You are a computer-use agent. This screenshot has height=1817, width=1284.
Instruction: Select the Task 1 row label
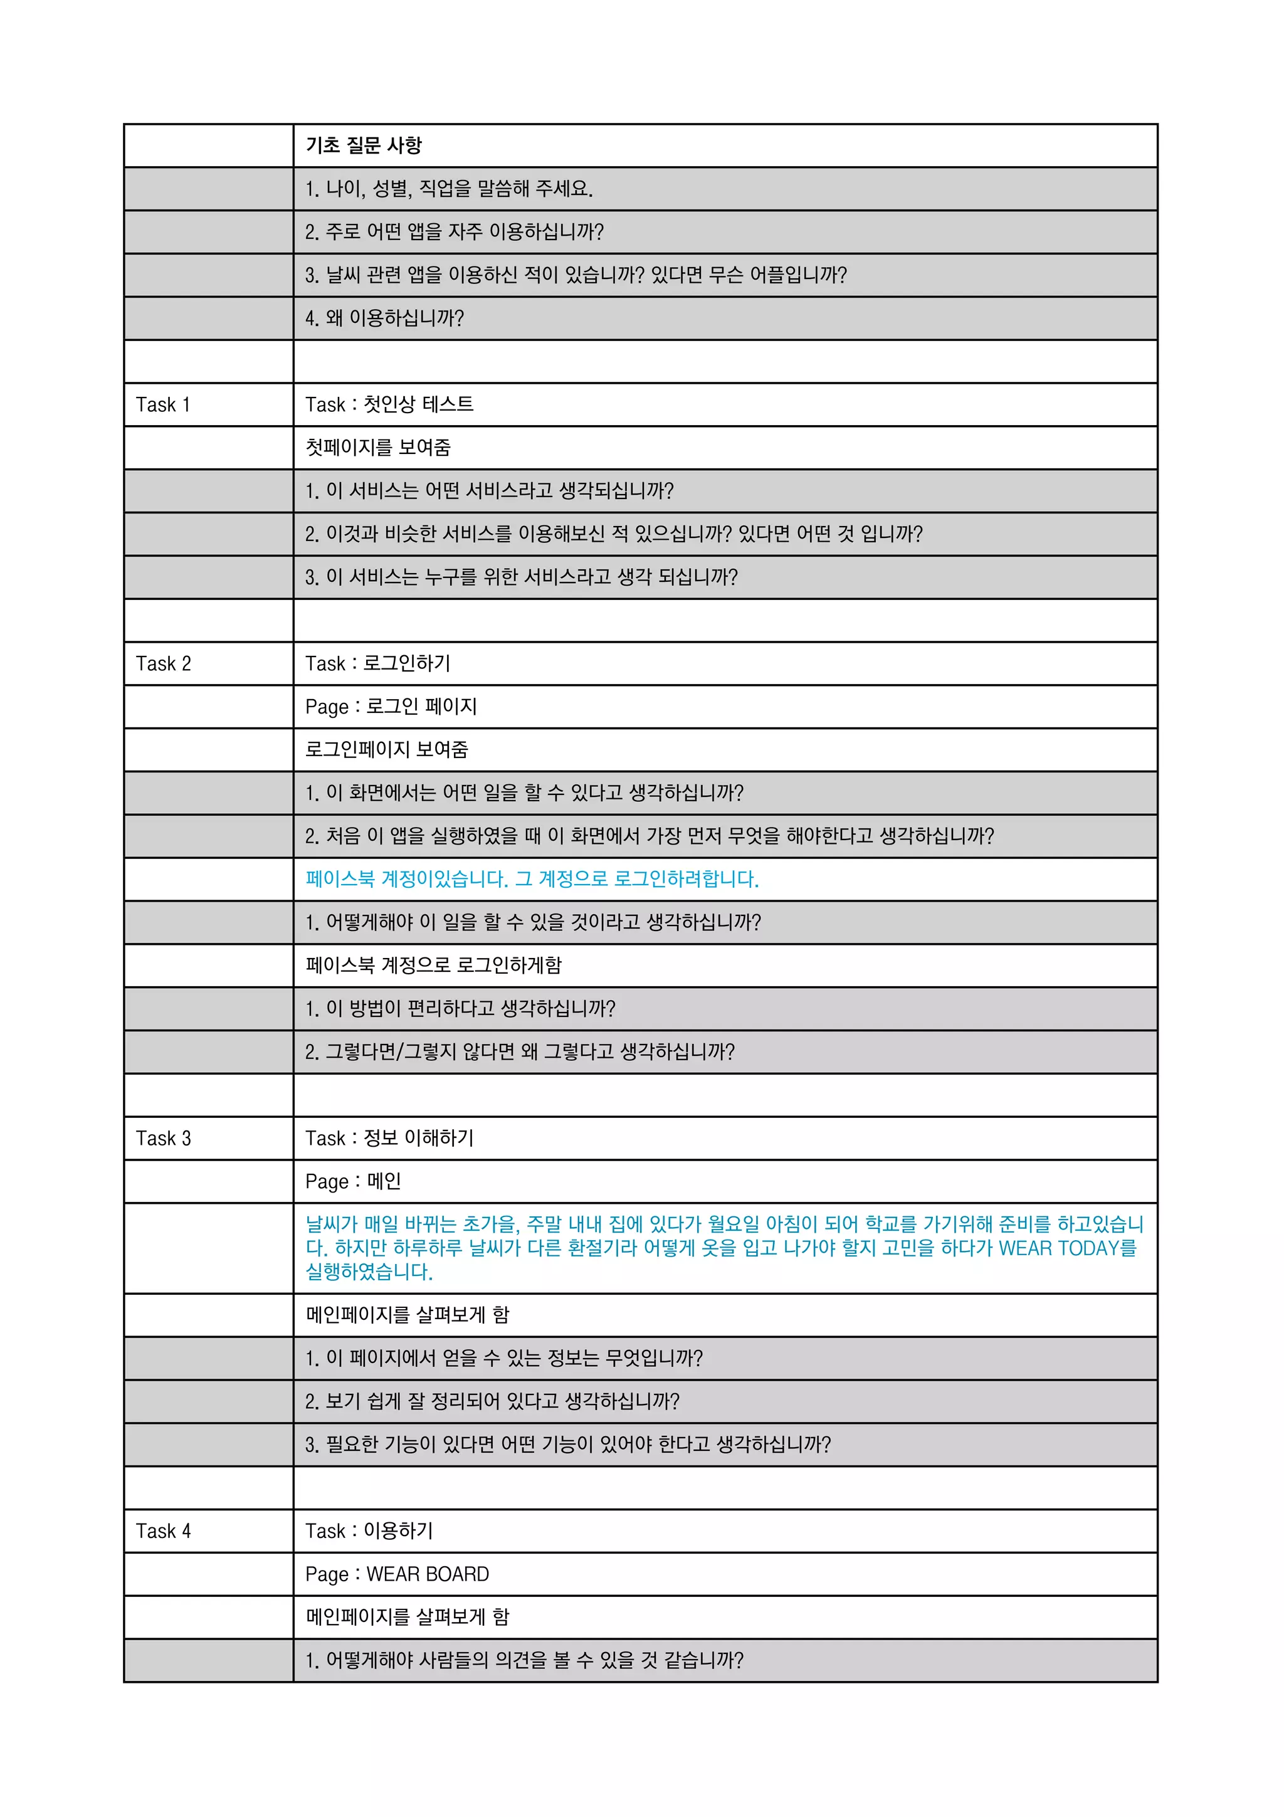point(163,405)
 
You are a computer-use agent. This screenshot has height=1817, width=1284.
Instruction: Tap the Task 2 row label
point(163,664)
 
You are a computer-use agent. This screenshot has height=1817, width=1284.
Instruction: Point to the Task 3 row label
point(163,1139)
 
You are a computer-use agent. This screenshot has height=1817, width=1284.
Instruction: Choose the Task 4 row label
point(163,1531)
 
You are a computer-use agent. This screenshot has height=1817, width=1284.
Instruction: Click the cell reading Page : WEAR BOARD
point(397,1574)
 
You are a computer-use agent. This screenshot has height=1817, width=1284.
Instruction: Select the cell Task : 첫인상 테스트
point(389,405)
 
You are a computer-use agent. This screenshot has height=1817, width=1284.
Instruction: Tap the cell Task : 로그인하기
point(377,664)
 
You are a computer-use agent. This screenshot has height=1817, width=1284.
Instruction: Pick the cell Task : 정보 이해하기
point(389,1139)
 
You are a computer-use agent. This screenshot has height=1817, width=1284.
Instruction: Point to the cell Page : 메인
point(353,1181)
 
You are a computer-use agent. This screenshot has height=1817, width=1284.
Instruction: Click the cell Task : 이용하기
point(369,1531)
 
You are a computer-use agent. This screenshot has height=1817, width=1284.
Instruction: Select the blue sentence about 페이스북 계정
point(532,879)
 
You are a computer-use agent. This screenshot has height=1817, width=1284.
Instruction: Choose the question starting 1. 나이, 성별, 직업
point(448,189)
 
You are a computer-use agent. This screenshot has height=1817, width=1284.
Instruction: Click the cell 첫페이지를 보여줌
point(377,448)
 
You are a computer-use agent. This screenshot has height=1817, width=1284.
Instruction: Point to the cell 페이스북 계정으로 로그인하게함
point(433,966)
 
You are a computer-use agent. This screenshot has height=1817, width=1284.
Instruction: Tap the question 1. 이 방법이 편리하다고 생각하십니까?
point(460,1009)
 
